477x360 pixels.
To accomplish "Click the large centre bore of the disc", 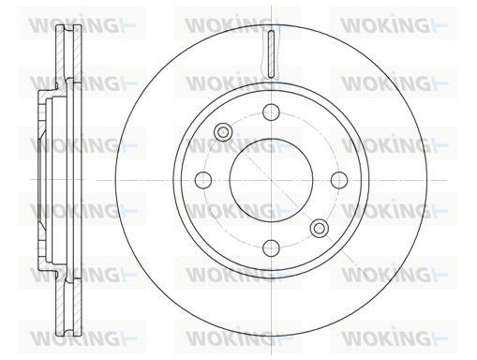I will pyautogui.click(x=268, y=177).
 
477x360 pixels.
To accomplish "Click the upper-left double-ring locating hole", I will pyautogui.click(x=223, y=132).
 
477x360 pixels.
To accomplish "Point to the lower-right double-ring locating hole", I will pyautogui.click(x=320, y=228).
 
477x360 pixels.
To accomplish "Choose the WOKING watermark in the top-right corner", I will pyautogui.click(x=383, y=21).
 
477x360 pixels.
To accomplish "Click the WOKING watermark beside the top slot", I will pyautogui.click(x=226, y=21).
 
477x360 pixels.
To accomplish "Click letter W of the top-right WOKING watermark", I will pyautogui.click(x=350, y=21).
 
